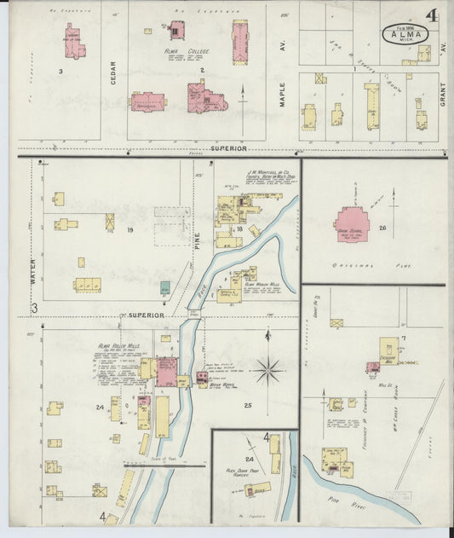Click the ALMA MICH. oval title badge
click(x=405, y=36)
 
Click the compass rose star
click(x=268, y=369)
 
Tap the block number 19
click(x=131, y=231)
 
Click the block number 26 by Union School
click(x=382, y=228)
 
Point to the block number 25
click(x=248, y=404)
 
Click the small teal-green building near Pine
click(x=164, y=287)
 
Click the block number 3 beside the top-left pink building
click(x=60, y=71)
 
